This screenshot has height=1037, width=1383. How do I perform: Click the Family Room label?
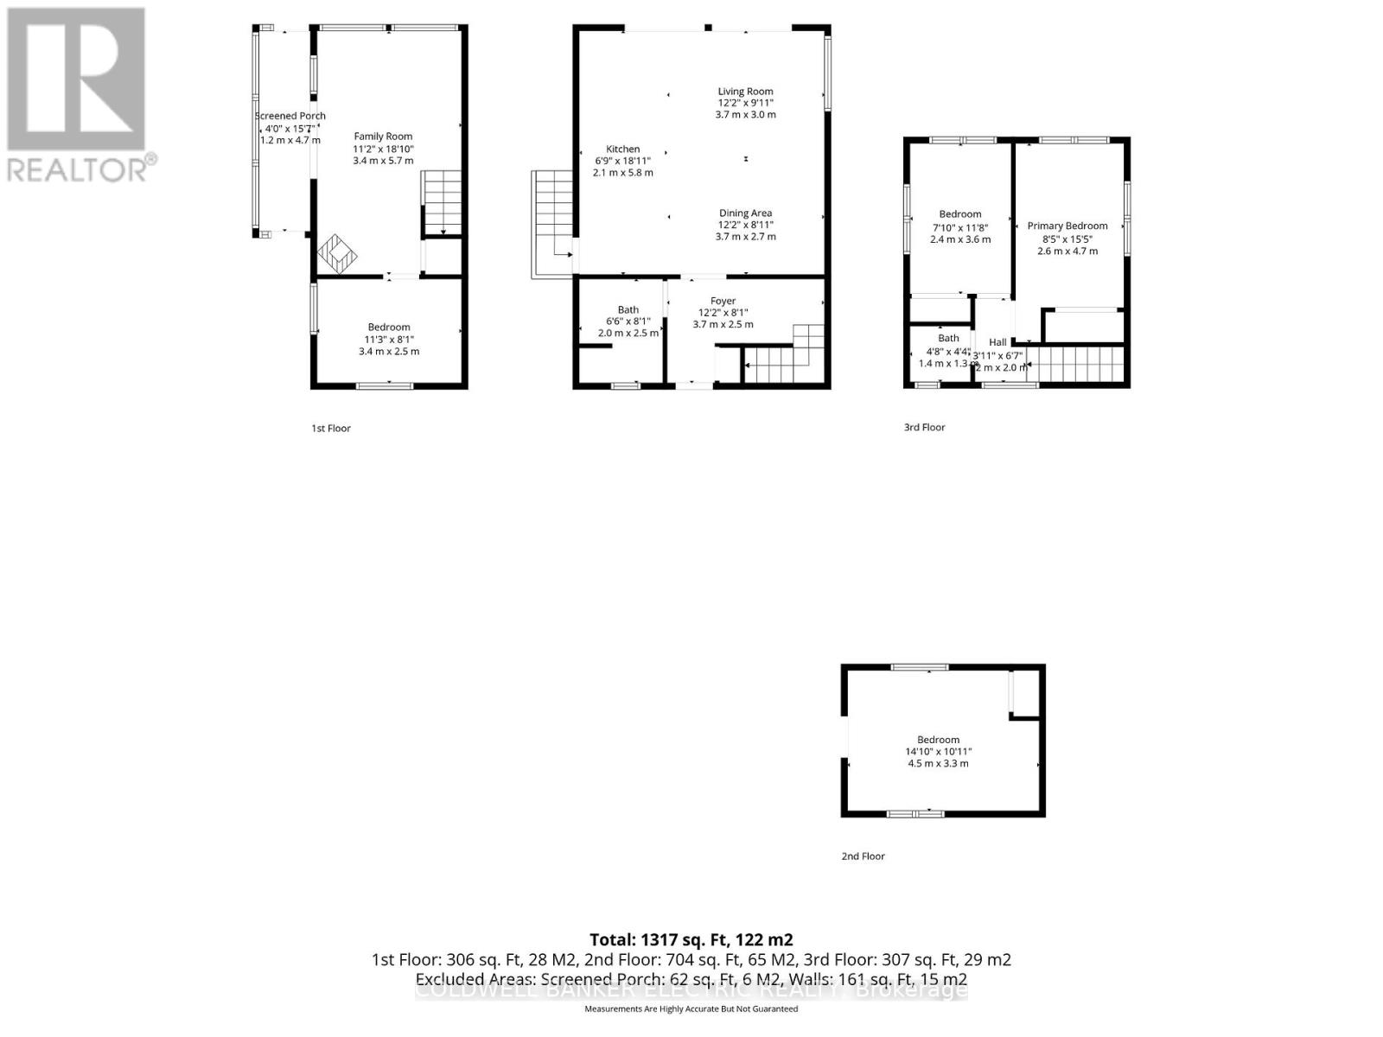[x=383, y=136]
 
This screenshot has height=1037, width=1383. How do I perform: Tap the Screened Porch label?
[x=290, y=116]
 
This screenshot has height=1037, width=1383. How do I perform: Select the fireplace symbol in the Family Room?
[x=337, y=253]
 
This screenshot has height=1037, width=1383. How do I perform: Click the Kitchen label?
[x=622, y=149]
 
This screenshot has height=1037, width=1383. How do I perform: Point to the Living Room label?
[x=745, y=91]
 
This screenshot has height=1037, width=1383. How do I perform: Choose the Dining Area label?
[x=745, y=213]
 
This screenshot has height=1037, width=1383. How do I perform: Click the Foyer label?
[x=723, y=301]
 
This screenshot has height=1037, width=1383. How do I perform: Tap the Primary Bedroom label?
[x=1068, y=226]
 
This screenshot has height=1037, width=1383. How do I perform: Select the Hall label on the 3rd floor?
[x=997, y=342]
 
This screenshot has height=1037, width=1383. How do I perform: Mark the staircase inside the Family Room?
[x=443, y=203]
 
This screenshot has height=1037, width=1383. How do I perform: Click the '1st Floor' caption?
[x=331, y=428]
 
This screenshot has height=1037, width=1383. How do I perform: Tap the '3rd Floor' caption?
[x=924, y=427]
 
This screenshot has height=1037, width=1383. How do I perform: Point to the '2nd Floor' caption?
[x=863, y=856]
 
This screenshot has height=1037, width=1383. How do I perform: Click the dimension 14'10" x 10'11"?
[x=938, y=752]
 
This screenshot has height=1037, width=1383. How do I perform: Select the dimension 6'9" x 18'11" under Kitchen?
[x=622, y=161]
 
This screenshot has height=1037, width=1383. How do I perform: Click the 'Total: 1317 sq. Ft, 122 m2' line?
[x=691, y=939]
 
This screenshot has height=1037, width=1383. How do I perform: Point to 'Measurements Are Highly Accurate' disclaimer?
[x=691, y=1008]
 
